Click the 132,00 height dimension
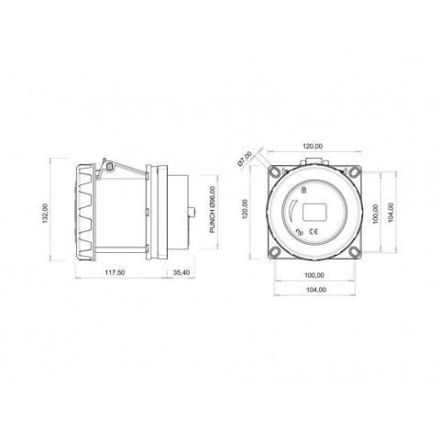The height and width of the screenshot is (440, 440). click(46, 214)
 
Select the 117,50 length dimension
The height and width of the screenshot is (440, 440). click(115, 272)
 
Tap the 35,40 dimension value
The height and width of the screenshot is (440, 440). click(181, 272)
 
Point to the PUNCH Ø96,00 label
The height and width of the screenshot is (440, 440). click(213, 210)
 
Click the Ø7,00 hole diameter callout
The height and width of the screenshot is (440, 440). click(245, 159)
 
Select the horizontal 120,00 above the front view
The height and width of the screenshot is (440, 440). click(313, 147)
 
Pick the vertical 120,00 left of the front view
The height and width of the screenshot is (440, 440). click(245, 209)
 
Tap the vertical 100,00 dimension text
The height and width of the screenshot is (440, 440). click(376, 214)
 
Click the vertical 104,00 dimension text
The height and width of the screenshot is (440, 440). click(390, 213)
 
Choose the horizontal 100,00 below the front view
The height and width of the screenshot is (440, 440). click(314, 275)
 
